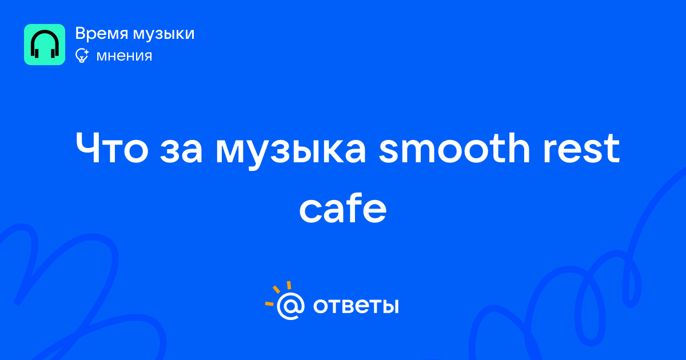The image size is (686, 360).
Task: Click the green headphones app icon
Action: [45, 45]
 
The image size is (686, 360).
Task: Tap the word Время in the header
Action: [101, 34]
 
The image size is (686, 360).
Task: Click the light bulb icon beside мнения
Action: [82, 55]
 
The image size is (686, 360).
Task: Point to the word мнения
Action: [124, 56]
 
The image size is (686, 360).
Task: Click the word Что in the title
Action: [112, 148]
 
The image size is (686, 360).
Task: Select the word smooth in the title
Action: [454, 147]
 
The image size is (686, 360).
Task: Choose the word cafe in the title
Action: [342, 208]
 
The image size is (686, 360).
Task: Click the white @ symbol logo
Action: [290, 306]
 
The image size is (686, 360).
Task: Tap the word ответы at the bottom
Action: [356, 306]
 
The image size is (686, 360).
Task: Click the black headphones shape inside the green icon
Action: [45, 44]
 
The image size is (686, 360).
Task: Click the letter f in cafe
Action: [351, 207]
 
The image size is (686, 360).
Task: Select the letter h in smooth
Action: [519, 147]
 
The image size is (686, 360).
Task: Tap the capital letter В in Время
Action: [81, 33]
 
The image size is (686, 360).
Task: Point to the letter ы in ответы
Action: [389, 306]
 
